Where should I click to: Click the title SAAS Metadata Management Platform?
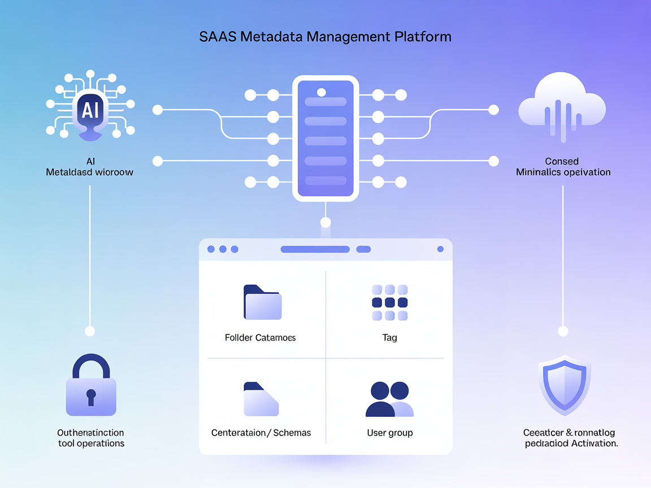tap(325, 37)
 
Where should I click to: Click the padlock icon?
tap(91, 386)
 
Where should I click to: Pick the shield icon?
tap(564, 385)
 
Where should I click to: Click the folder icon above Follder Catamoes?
tap(262, 303)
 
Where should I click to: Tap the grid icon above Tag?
tap(389, 303)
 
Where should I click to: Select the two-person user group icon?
tap(389, 399)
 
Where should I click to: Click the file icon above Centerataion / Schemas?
tap(261, 399)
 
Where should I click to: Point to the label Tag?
tap(389, 338)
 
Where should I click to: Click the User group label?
tap(389, 433)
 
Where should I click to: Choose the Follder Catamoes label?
tap(260, 338)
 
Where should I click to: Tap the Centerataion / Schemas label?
tap(261, 433)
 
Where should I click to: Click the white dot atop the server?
tap(322, 92)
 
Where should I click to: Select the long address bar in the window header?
tap(315, 249)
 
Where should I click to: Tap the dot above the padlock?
tap(89, 331)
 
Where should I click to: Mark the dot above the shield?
tap(563, 331)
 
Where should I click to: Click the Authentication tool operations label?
tap(91, 438)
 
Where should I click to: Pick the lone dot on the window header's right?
tap(440, 249)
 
